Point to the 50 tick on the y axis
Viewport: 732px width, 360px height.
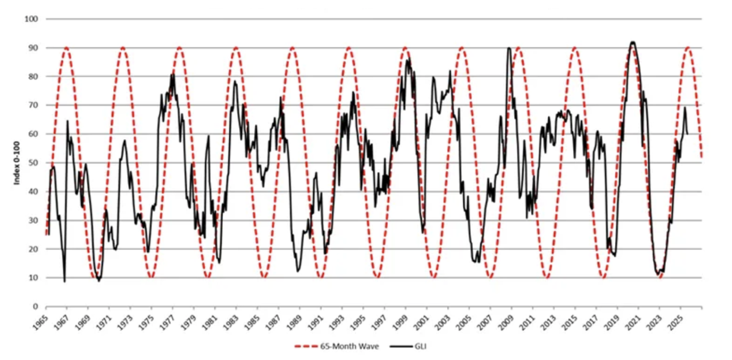(x=34, y=163)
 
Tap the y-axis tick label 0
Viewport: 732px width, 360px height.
(x=36, y=306)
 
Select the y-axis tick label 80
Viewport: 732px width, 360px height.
(x=34, y=76)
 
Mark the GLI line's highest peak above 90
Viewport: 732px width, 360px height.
(x=632, y=42)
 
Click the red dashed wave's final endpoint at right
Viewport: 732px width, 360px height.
(x=702, y=158)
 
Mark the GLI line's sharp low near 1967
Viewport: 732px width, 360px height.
(x=64, y=281)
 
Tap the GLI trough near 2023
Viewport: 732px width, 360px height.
(x=658, y=275)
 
